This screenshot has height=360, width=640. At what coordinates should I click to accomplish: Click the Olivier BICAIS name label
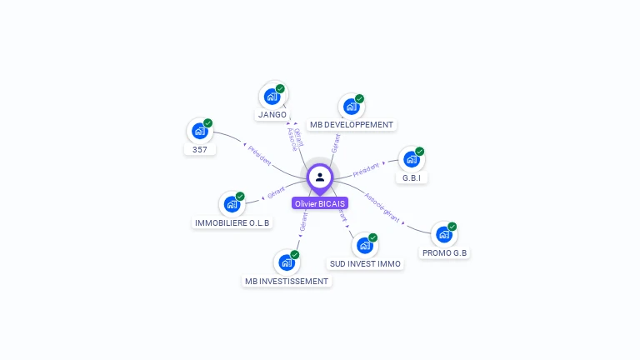(320, 203)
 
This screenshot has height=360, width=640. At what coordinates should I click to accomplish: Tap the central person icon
(320, 177)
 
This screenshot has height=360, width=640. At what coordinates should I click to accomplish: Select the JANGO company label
(272, 114)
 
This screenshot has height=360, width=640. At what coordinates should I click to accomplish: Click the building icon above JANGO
(272, 97)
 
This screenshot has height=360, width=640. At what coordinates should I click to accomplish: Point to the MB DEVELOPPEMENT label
(352, 125)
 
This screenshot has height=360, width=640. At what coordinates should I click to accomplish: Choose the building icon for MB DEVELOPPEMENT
(351, 107)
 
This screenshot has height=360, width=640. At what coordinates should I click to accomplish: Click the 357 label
(200, 150)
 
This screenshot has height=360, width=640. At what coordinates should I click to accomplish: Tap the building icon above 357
(200, 131)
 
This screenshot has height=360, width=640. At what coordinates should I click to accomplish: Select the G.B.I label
(412, 178)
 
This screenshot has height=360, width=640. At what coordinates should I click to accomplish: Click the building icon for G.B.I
(412, 159)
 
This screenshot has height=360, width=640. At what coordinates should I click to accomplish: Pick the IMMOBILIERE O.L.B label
(232, 223)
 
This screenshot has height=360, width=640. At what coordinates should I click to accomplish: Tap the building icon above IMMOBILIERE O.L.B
(232, 204)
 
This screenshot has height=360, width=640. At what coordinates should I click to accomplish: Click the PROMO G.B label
(444, 252)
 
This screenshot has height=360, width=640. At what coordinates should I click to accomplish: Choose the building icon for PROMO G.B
(444, 234)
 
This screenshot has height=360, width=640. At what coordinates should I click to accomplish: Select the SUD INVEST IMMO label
(365, 264)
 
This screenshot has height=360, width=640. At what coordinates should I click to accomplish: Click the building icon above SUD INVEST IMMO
(364, 246)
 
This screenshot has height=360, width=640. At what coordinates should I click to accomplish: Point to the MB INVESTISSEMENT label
(287, 282)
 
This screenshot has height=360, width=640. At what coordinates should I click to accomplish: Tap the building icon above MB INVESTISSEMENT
(287, 262)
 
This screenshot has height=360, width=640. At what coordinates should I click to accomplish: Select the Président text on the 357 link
(260, 156)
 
